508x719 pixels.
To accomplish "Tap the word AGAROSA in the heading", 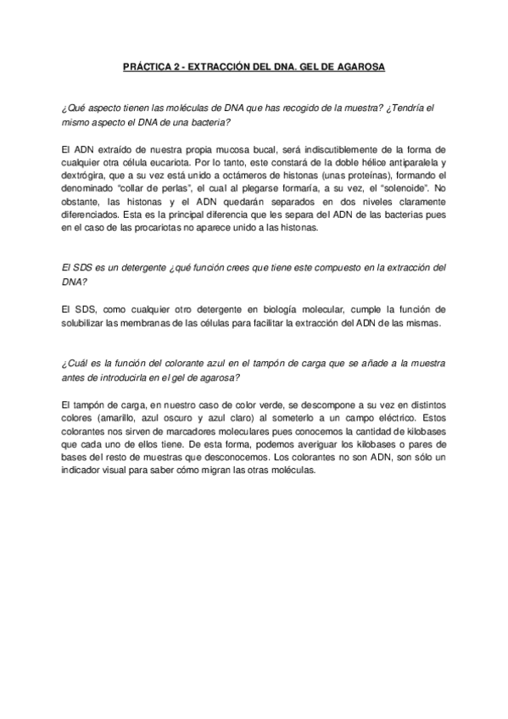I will click(x=363, y=65).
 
